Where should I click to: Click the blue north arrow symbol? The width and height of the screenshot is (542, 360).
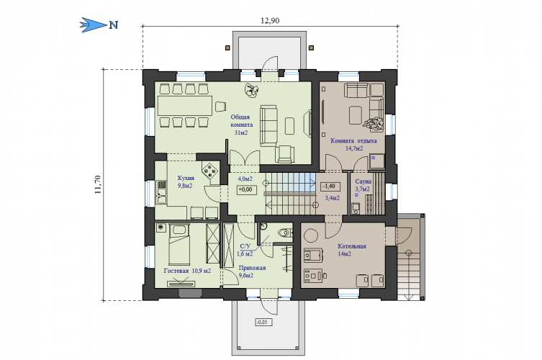(94, 25)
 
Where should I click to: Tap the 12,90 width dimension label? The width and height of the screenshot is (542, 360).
(270, 21)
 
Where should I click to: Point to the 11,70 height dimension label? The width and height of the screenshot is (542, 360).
(98, 184)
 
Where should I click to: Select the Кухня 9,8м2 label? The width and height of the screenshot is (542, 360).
(186, 182)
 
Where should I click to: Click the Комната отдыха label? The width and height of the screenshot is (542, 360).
(353, 140)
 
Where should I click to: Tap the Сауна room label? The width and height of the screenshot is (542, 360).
(363, 181)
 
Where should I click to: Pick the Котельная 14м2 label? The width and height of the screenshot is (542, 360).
(351, 250)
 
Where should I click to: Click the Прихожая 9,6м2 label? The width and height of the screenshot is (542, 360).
(252, 271)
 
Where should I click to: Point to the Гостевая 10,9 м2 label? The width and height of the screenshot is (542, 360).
(187, 271)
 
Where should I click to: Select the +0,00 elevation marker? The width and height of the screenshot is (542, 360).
(246, 189)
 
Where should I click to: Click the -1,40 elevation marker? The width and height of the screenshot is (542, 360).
(330, 186)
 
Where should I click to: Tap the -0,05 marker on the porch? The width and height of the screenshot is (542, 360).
(263, 323)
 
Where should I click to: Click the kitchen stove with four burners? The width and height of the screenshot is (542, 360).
(209, 170)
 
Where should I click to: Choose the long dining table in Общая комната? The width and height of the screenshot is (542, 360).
(185, 106)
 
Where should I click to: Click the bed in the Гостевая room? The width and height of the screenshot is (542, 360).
(179, 245)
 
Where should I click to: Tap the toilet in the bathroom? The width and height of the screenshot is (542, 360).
(285, 233)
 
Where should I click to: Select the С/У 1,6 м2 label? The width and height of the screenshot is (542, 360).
(245, 250)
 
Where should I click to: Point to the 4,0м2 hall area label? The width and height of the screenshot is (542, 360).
(245, 179)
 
